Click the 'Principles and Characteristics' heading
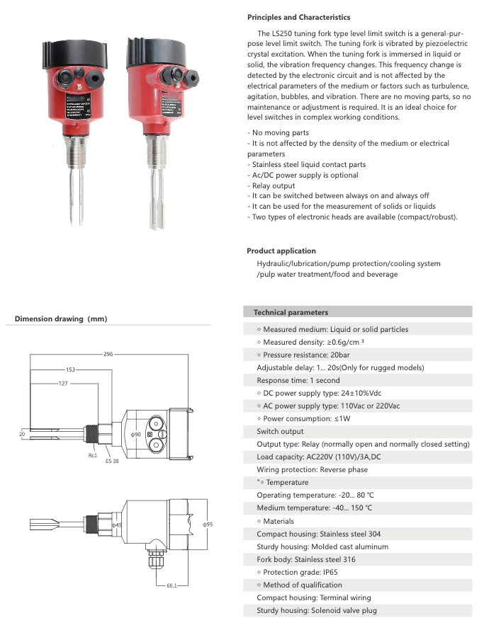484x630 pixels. coord(298,17)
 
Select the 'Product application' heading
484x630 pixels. coord(281,251)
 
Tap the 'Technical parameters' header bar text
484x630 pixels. coord(291,312)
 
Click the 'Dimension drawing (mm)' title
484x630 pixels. coord(61,319)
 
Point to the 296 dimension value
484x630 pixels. coord(108,353)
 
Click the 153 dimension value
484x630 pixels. coord(70,370)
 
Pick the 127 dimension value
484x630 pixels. coord(63,383)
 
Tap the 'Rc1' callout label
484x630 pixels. coord(93,455)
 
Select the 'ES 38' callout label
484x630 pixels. coord(112,461)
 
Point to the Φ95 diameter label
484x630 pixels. coord(208,525)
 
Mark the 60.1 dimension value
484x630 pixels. coord(171,585)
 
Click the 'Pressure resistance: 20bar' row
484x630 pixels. coord(305,355)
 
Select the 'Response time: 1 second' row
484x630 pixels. coord(298,380)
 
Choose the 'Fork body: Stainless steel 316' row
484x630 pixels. coord(306,559)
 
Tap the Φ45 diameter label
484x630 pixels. coord(118,525)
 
